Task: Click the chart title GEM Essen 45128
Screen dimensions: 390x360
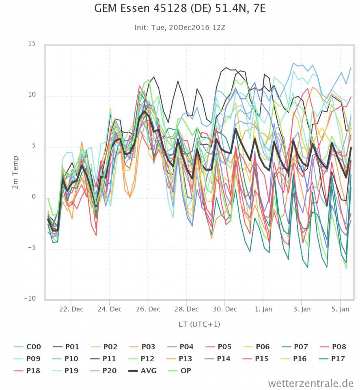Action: coord(180,9)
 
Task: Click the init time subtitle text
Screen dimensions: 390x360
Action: coord(180,28)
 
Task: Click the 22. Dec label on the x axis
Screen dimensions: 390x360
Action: coord(71,309)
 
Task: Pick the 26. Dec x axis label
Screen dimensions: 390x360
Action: coord(148,309)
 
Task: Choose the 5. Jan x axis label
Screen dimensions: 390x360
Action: coord(340,309)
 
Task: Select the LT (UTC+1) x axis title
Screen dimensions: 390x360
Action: coord(199,324)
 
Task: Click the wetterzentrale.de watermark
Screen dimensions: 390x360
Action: coord(310,383)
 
